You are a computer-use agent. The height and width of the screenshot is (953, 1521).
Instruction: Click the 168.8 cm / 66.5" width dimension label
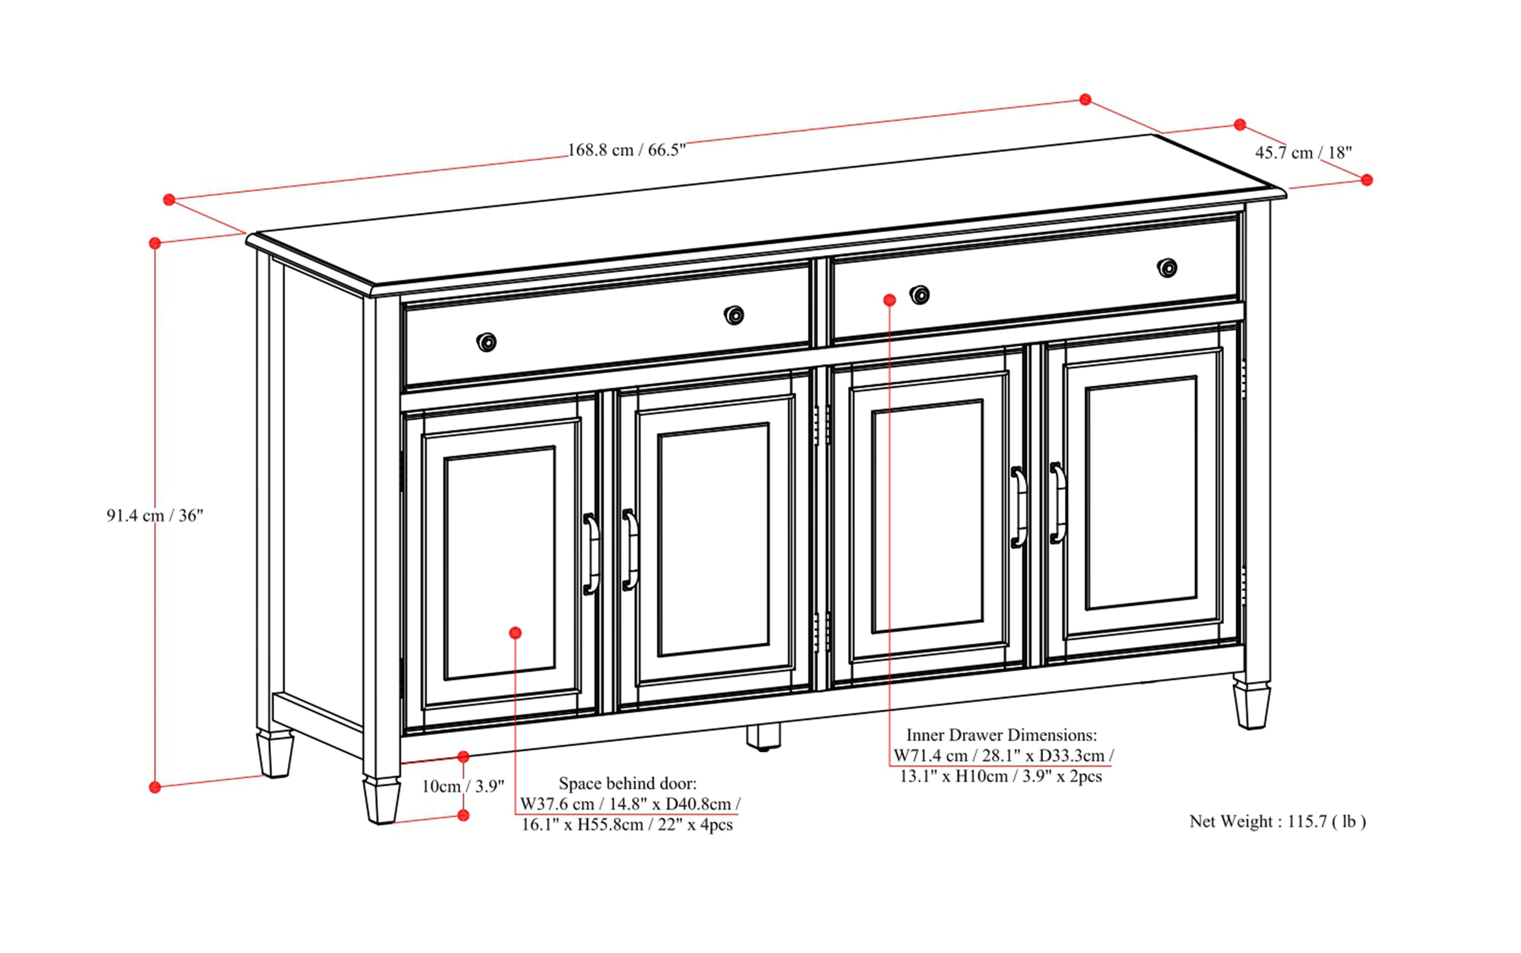[626, 150]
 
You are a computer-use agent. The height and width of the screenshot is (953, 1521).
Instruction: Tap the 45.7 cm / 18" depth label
[1303, 153]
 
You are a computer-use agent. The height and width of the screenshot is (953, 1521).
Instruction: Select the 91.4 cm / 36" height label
[154, 515]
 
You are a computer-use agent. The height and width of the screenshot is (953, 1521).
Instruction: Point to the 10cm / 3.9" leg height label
[463, 786]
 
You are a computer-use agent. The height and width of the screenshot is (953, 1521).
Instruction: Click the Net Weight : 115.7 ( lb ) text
[1277, 821]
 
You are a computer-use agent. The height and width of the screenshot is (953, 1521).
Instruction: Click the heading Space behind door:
[627, 783]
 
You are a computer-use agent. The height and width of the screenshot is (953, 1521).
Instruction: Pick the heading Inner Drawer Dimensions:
[1001, 735]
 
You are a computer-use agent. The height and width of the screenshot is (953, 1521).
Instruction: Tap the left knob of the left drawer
[486, 342]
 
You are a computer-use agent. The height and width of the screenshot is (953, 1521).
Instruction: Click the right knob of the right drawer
[1167, 268]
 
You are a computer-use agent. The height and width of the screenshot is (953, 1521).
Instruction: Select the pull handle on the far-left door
[591, 554]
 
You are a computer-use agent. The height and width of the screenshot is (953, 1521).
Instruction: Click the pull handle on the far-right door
[1057, 502]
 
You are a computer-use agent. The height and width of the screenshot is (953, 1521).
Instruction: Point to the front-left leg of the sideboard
[381, 799]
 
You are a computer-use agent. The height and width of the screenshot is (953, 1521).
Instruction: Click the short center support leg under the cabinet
[763, 736]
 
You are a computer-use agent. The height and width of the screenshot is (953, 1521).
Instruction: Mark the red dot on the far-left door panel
[515, 633]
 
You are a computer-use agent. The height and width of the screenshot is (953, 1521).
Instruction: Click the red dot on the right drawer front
[889, 300]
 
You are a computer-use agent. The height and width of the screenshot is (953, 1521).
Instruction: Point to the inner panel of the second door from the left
[713, 540]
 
